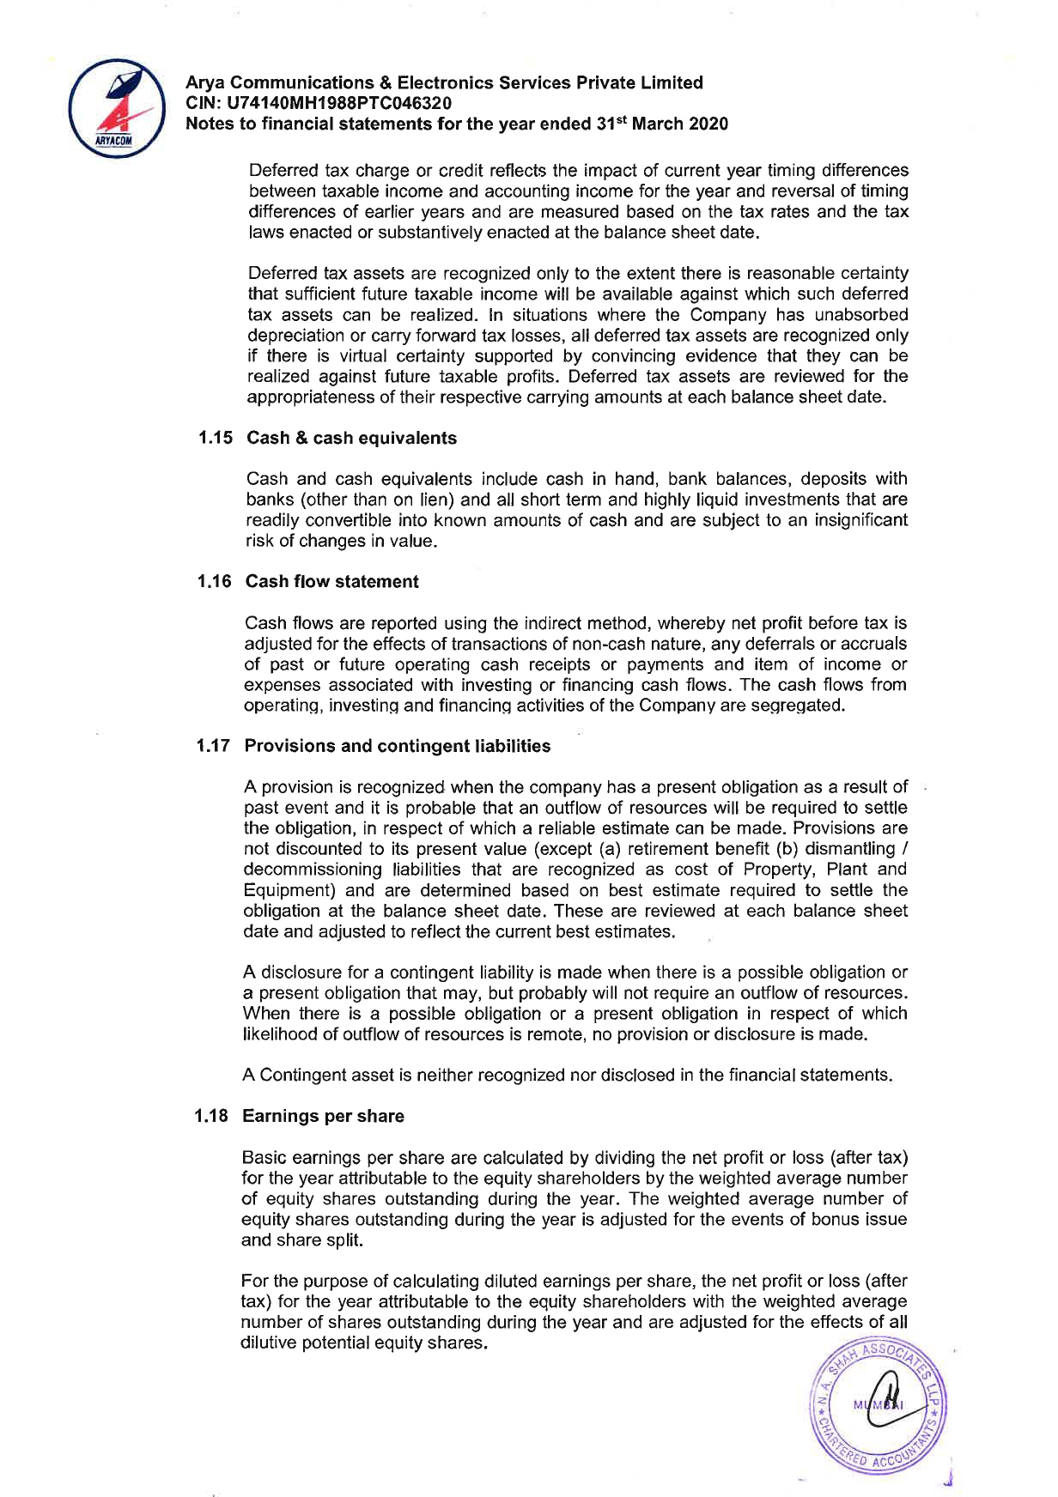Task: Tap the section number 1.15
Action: [215, 438]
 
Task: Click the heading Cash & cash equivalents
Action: [351, 438]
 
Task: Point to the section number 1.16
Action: [214, 581]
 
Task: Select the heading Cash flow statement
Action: [331, 581]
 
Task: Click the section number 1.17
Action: [213, 745]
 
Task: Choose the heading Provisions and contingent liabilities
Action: [397, 745]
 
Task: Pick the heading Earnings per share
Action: [323, 1116]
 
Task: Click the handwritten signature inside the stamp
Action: [885, 1405]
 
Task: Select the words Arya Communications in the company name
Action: [280, 82]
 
